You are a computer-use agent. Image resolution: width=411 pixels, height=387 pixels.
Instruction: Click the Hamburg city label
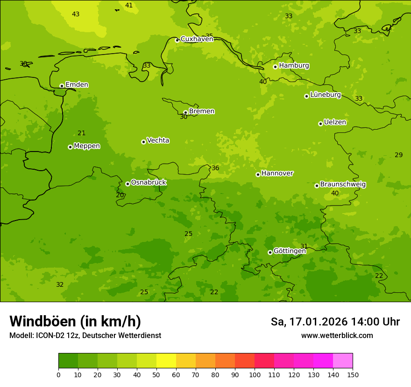tap(294, 66)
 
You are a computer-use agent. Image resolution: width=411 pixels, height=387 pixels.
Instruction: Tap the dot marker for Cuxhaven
tap(177, 40)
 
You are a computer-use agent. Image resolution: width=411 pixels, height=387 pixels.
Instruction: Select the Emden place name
tap(77, 85)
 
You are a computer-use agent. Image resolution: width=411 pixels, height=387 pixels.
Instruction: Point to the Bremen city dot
tap(185, 112)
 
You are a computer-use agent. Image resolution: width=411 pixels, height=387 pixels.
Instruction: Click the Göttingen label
tap(290, 251)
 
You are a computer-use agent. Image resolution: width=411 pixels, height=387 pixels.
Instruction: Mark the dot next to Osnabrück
tap(128, 184)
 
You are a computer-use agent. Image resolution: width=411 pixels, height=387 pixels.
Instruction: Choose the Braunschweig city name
tap(343, 185)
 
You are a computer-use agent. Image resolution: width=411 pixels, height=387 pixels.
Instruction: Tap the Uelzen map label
tap(335, 123)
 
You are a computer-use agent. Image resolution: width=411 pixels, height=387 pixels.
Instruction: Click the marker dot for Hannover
tap(258, 174)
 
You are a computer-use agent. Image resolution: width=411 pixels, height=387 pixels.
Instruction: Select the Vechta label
tap(158, 140)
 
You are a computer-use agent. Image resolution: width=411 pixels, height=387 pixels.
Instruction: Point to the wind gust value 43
tap(76, 14)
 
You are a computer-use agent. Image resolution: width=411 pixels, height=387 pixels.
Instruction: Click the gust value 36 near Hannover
tap(215, 168)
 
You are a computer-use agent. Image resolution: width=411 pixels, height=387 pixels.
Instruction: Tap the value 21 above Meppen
tap(82, 133)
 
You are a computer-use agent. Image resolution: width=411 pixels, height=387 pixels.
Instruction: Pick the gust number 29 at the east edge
tap(398, 155)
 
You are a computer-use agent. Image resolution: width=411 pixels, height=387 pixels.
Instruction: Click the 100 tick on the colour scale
tap(255, 374)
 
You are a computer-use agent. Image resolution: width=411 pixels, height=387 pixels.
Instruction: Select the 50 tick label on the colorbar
tap(156, 374)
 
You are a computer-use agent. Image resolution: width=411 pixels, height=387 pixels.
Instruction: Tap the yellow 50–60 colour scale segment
tap(166, 361)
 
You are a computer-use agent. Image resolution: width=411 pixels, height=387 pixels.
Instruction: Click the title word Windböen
tap(43, 321)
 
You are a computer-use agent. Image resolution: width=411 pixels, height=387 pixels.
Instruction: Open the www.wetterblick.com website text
tap(337, 336)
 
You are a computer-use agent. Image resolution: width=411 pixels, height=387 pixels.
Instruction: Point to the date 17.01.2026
tap(319, 322)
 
